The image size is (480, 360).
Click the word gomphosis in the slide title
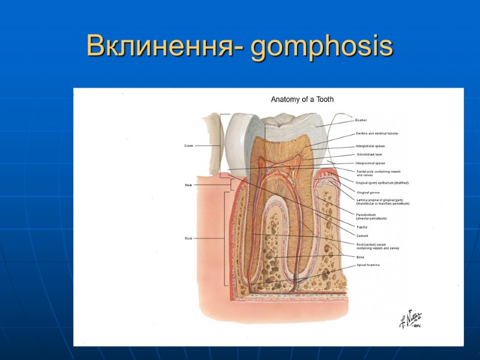point(323,47)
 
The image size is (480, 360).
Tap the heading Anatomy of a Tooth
point(302,99)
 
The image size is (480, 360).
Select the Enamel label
point(361,121)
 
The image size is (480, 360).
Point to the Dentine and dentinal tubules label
point(377,133)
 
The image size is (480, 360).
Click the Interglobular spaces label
point(370,146)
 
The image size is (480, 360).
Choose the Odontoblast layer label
point(370,154)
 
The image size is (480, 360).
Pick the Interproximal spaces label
point(370,163)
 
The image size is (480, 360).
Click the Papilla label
point(362,227)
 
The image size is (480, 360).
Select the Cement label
point(362,236)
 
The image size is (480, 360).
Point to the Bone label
point(360,257)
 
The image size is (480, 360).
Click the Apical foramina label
point(368,265)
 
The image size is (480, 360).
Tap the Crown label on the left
point(188,146)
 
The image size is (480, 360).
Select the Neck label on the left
point(188,185)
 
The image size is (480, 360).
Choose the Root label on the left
point(188,238)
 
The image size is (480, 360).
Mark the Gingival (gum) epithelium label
point(382,182)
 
